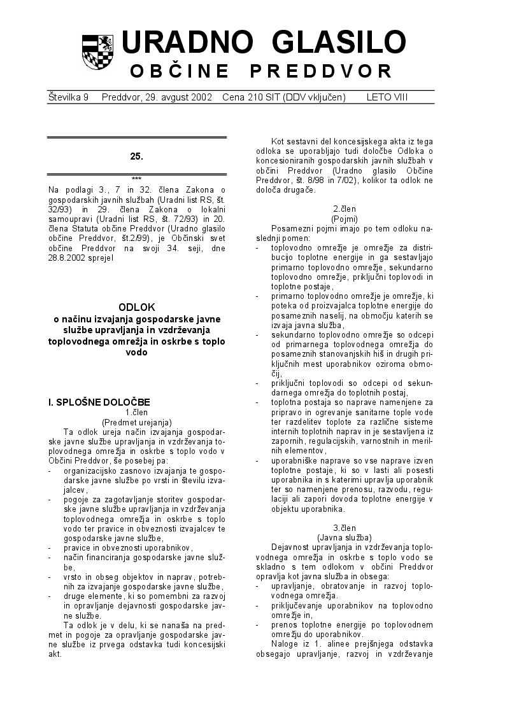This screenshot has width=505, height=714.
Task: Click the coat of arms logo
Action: click(x=97, y=52)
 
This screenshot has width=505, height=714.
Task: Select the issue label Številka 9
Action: click(x=68, y=97)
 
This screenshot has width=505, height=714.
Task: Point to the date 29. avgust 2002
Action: click(x=172, y=97)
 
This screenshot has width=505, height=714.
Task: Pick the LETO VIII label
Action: click(x=387, y=97)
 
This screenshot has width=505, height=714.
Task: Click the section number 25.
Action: click(x=136, y=156)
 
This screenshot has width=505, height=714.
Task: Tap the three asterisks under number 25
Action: click(x=136, y=179)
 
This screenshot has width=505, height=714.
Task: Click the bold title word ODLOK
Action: click(x=136, y=307)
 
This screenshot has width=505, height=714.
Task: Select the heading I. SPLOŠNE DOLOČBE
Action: click(x=99, y=402)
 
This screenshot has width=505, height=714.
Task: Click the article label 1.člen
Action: click(x=136, y=412)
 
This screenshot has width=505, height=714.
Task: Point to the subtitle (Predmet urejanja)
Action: click(x=136, y=422)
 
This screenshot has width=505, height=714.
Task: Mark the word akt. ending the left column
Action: click(x=55, y=654)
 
